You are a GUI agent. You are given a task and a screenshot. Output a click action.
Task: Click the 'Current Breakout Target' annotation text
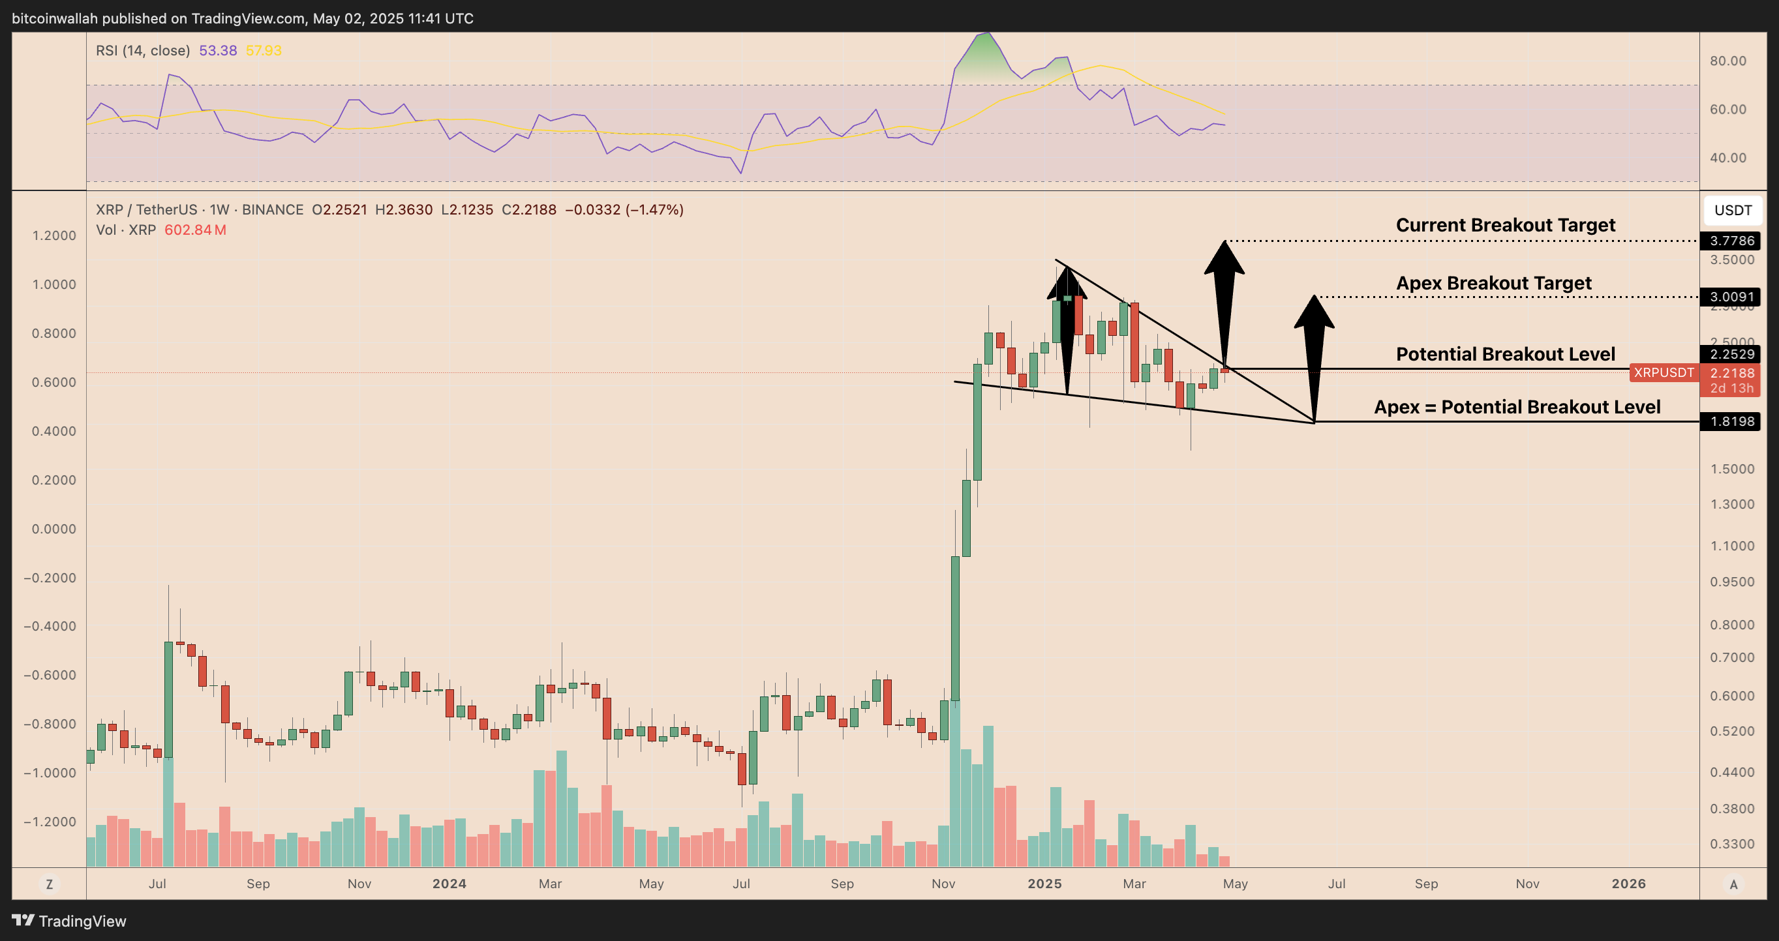click(1505, 225)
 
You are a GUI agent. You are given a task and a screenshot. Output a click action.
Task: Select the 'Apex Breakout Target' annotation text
click(1493, 283)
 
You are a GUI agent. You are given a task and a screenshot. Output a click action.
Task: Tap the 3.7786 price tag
click(1731, 241)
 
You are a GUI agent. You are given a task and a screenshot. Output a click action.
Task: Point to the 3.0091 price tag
click(1731, 297)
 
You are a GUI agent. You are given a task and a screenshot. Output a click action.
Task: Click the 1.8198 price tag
click(1731, 421)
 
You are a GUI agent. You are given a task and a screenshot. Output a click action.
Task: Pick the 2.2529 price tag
click(1731, 354)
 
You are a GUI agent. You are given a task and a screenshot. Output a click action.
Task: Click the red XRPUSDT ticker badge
click(1663, 373)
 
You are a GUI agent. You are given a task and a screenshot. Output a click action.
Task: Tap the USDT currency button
click(1732, 211)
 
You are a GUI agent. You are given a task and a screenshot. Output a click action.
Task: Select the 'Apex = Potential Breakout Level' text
click(1517, 407)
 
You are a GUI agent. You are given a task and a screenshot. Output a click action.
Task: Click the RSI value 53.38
click(217, 50)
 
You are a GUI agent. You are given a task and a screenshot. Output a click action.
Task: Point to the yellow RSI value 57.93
click(263, 50)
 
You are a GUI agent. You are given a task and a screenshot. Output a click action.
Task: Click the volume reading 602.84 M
click(195, 230)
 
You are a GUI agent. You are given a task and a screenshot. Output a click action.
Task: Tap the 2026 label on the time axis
click(1628, 884)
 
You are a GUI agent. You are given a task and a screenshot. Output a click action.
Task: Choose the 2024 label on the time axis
click(449, 884)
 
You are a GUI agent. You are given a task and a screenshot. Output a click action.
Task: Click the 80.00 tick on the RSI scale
click(1727, 61)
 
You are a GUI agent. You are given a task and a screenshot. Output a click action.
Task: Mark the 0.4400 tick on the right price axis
click(1731, 772)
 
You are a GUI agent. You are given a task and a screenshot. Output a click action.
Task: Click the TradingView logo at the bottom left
click(69, 921)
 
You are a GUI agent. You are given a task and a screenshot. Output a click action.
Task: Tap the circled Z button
click(49, 884)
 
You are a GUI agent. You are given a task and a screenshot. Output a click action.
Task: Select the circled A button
click(1733, 884)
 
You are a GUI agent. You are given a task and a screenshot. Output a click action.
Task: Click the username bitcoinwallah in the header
click(55, 19)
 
